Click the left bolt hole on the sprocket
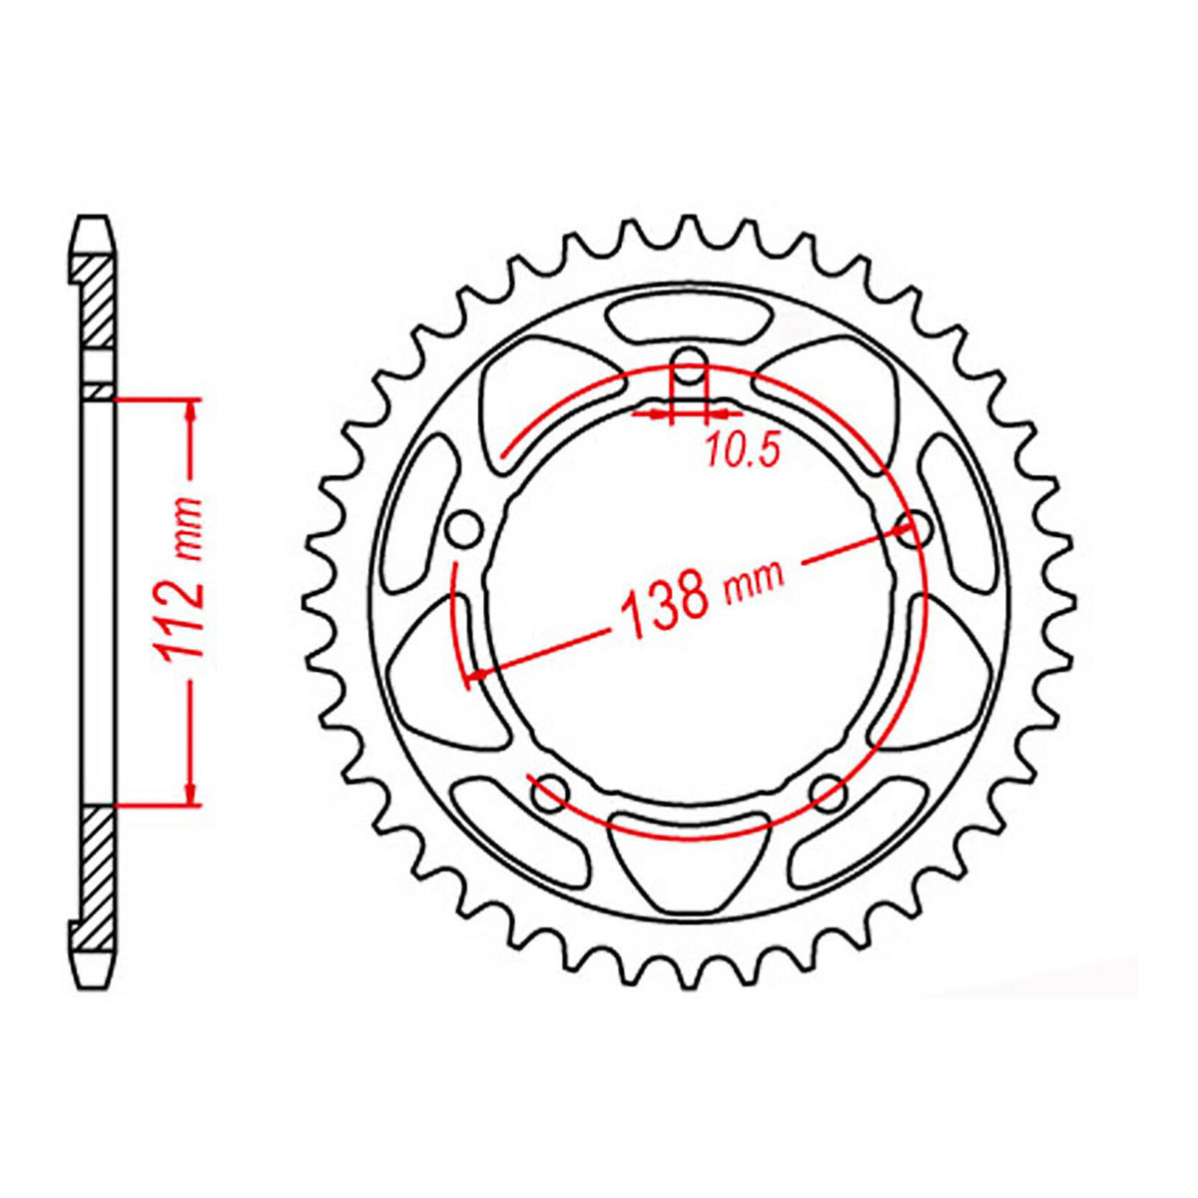tap(462, 530)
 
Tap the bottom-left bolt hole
tap(549, 793)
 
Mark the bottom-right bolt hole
tap(828, 794)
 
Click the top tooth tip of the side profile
tap(92, 222)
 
